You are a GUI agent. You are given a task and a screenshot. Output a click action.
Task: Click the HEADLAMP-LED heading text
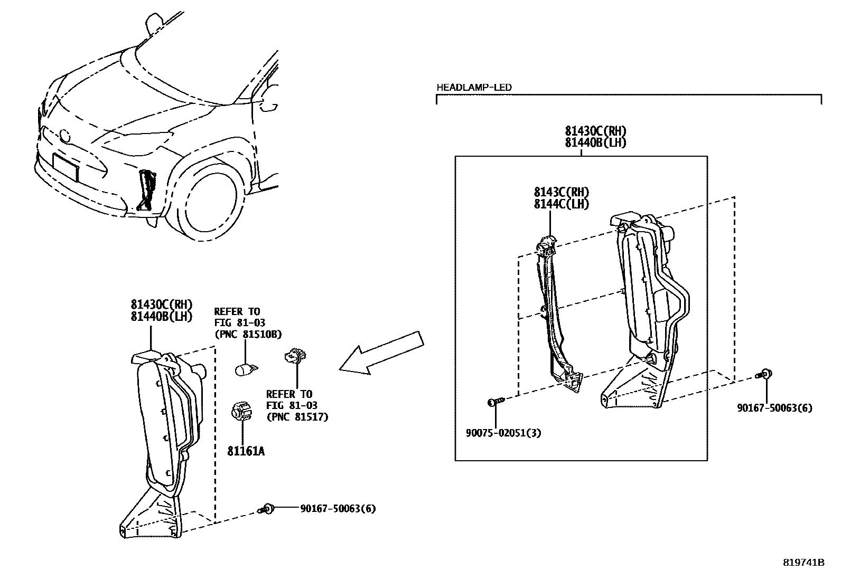474,88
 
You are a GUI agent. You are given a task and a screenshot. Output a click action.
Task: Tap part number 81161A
246,451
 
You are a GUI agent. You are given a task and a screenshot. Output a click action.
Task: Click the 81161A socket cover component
240,412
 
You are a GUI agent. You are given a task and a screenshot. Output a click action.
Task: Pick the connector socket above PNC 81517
295,357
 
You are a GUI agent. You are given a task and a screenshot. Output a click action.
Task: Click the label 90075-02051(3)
503,433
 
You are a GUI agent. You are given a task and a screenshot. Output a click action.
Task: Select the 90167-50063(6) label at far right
774,407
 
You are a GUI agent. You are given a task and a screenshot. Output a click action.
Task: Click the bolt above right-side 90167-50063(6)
764,375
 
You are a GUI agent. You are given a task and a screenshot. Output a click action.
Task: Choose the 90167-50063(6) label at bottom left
338,509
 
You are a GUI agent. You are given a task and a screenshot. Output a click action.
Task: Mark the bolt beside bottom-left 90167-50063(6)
267,509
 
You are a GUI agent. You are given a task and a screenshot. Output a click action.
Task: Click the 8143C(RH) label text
561,193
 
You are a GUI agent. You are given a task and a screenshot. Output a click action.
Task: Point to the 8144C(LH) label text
561,204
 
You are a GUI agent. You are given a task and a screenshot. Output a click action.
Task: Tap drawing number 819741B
803,562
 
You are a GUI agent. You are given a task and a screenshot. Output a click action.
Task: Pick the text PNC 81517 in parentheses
297,417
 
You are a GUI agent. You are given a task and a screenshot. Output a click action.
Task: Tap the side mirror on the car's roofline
154,22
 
